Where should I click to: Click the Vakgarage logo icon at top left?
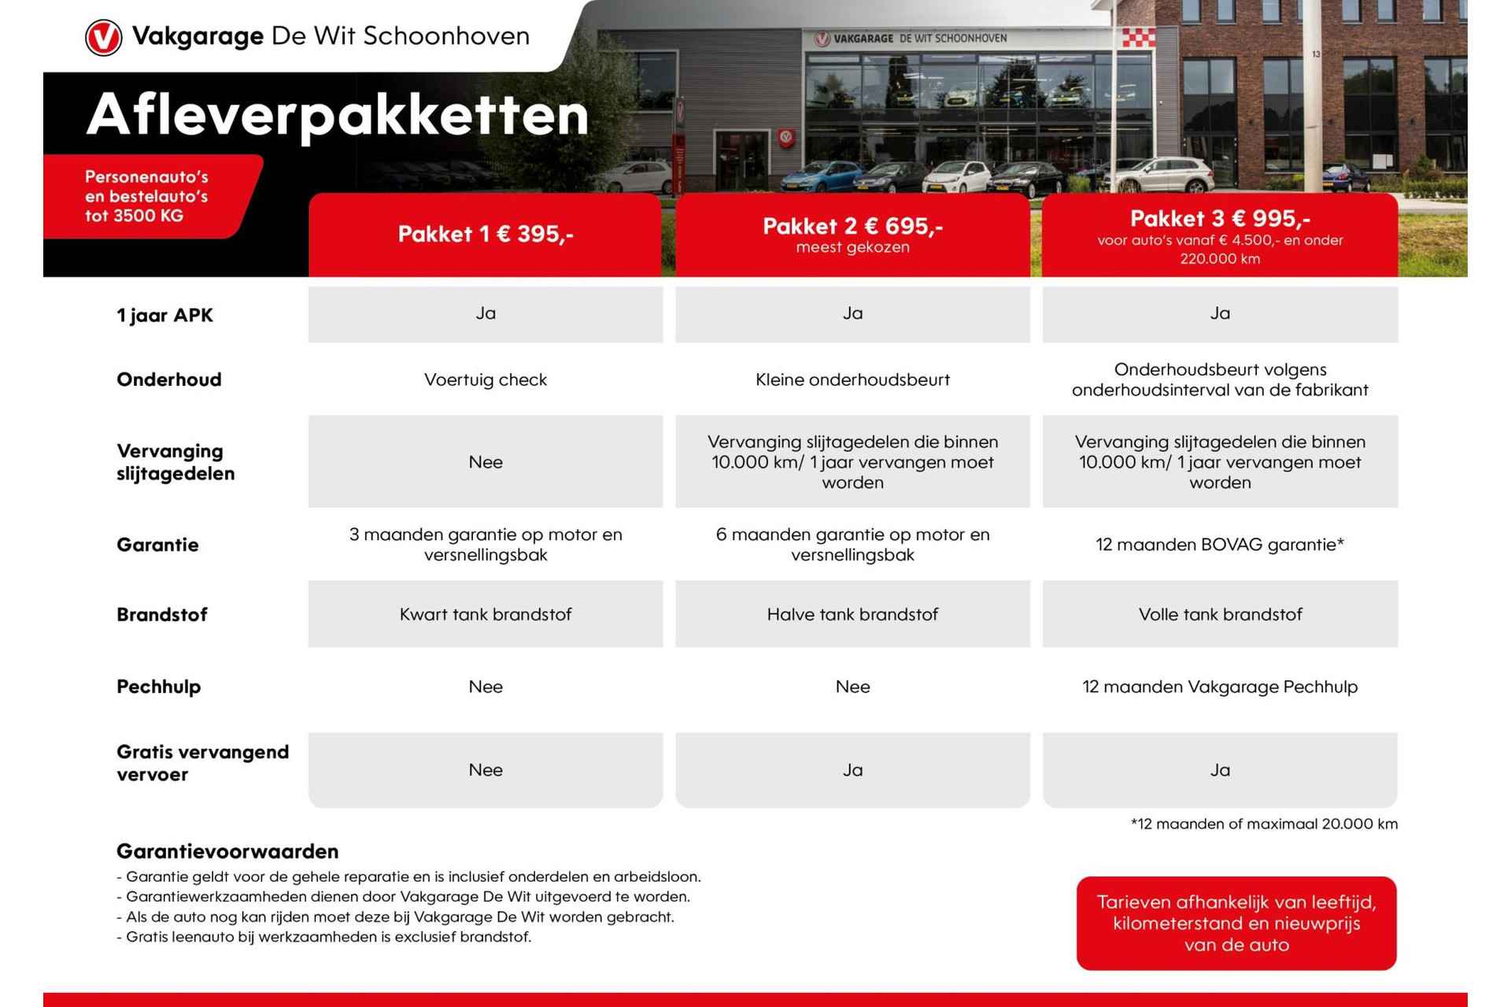coord(103,37)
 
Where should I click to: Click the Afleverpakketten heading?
coord(337,115)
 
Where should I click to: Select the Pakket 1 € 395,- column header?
coord(485,235)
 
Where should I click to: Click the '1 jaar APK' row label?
coord(164,315)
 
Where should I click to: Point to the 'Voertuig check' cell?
coord(485,379)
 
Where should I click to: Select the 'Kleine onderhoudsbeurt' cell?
coord(852,379)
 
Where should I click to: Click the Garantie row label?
coord(157,545)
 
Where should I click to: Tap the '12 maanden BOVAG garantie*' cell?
coord(1220,545)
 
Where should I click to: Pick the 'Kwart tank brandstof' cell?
coord(485,614)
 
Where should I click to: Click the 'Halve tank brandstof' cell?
coord(852,614)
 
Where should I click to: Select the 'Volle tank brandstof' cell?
coord(1220,614)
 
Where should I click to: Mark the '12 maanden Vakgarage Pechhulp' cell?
coord(1220,687)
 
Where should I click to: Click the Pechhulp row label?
coord(158,687)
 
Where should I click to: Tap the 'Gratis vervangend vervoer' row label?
coord(202,763)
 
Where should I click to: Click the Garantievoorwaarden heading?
coord(227,851)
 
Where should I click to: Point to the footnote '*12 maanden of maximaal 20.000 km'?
coord(1264,824)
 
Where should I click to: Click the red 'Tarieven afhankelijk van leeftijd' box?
coord(1236,923)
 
